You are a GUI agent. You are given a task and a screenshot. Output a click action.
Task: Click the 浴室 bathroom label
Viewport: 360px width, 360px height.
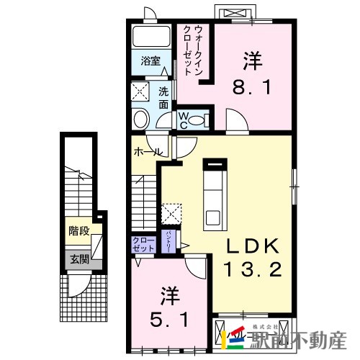(x=150, y=60)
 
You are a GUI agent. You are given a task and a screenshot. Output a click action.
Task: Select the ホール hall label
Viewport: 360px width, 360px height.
(x=148, y=153)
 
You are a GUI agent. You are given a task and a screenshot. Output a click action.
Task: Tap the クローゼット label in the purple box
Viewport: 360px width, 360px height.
(x=144, y=244)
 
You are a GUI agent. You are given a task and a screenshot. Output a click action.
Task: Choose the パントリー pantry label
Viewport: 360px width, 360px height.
(x=168, y=240)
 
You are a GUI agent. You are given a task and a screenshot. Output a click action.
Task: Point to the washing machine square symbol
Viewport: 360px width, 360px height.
(x=139, y=91)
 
